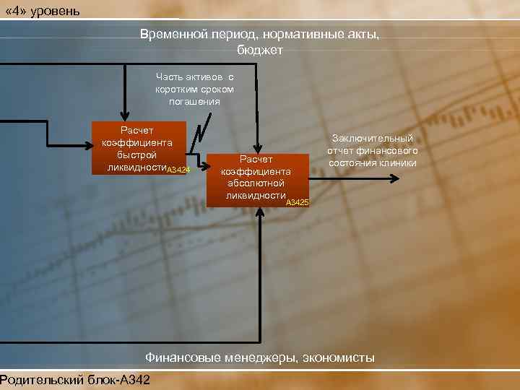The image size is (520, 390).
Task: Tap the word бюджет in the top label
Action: tap(260, 51)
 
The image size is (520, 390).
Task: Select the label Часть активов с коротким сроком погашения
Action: tap(195, 88)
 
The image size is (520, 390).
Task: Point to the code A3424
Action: tap(178, 170)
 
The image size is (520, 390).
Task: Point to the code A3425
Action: tap(297, 203)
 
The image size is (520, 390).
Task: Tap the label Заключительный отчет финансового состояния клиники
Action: tap(372, 150)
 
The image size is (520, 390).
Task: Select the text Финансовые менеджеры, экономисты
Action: tap(260, 357)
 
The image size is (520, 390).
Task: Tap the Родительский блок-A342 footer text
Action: tap(75, 380)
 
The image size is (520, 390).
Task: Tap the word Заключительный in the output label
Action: tap(373, 138)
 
